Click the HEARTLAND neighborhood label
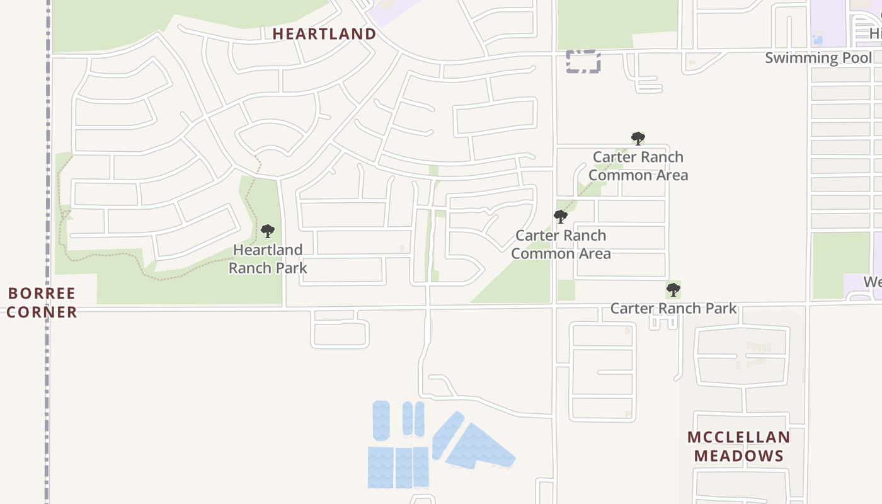[x=324, y=34]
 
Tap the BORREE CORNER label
[x=42, y=302]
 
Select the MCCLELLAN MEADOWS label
[x=738, y=446]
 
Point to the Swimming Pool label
[x=818, y=58]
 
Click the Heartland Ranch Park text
[x=268, y=259]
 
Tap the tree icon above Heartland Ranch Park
[x=268, y=231]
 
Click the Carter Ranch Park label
[x=673, y=308]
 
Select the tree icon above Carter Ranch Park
[x=673, y=290]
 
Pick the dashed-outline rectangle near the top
[x=583, y=62]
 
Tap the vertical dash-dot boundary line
[x=47, y=189]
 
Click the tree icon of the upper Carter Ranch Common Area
[x=638, y=138]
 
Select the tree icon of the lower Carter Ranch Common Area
[x=560, y=217]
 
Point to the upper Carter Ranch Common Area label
[x=638, y=166]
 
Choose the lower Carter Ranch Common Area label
[x=561, y=244]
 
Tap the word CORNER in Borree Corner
[x=42, y=312]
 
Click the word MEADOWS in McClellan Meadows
[x=738, y=455]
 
